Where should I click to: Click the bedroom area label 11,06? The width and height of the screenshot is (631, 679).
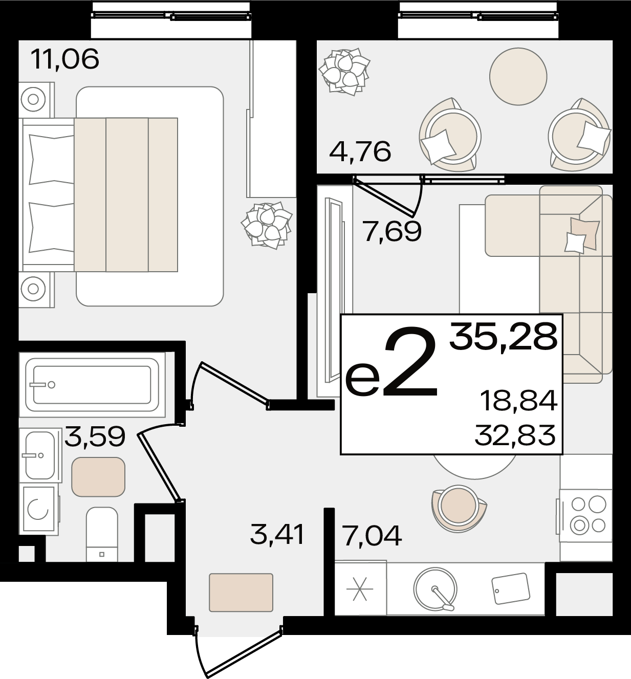click(65, 59)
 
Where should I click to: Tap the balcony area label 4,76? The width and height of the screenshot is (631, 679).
click(360, 151)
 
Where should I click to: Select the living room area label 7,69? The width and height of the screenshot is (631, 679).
click(393, 231)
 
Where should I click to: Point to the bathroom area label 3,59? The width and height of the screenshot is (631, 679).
click(95, 436)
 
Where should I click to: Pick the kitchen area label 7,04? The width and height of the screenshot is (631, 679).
click(373, 536)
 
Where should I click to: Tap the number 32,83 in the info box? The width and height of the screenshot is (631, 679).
click(515, 435)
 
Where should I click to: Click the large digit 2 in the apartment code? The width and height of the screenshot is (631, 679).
click(410, 361)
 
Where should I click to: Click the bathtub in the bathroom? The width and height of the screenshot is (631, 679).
click(92, 385)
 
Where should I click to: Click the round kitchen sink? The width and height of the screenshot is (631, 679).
click(435, 589)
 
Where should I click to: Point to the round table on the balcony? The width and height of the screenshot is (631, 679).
click(518, 76)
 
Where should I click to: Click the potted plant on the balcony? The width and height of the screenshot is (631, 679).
click(344, 71)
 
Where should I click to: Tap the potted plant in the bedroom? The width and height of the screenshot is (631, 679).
click(267, 226)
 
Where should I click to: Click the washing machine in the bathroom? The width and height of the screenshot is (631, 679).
click(39, 509)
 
